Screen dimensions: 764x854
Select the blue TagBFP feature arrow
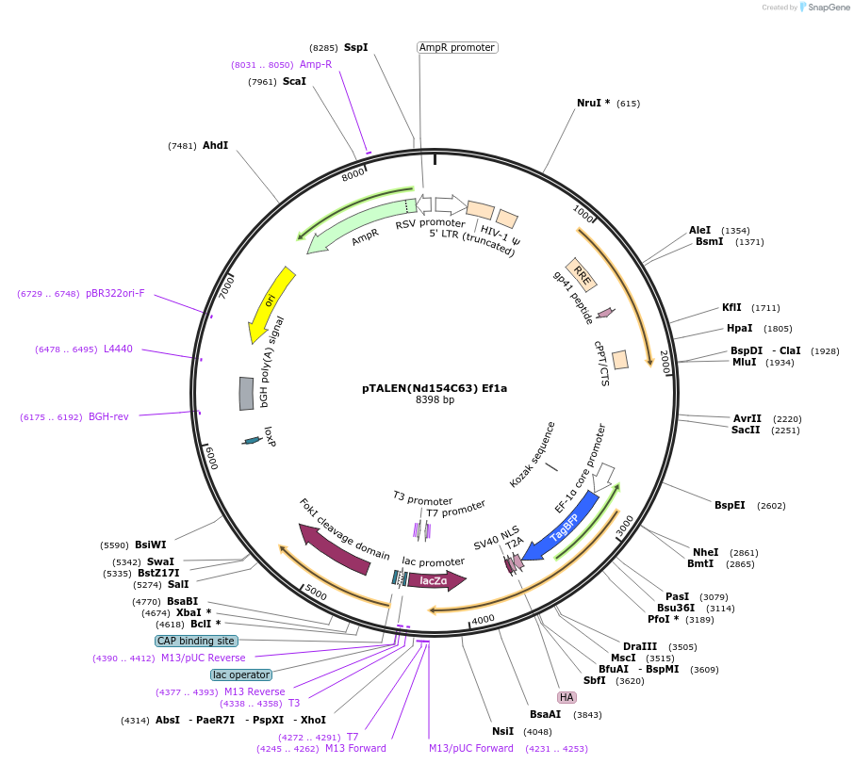(x=564, y=527)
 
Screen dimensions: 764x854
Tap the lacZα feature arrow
(x=435, y=581)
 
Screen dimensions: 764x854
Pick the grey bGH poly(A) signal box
(x=246, y=394)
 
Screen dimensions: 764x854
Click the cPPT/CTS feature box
(x=620, y=360)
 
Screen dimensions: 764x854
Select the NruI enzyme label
(x=593, y=103)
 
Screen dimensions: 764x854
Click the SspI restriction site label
(x=355, y=47)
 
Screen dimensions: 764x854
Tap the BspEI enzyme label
(x=730, y=505)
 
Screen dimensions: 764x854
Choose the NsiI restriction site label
(x=502, y=731)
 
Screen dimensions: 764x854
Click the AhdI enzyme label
(x=215, y=145)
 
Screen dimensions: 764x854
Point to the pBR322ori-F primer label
(x=115, y=293)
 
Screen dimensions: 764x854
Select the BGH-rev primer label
(x=108, y=416)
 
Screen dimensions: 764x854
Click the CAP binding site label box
(x=196, y=641)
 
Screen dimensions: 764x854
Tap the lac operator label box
(x=241, y=675)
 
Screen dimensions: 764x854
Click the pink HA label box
(x=567, y=697)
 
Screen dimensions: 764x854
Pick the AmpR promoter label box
(x=457, y=47)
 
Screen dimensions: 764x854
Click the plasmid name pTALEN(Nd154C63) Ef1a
(x=435, y=387)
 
